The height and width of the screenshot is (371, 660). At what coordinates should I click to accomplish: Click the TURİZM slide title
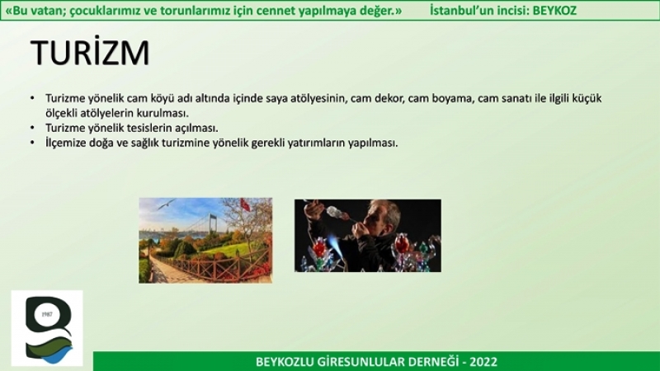click(90, 52)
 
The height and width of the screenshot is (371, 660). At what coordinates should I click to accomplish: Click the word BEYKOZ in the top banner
click(554, 10)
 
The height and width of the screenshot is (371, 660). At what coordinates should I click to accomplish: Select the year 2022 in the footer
click(483, 362)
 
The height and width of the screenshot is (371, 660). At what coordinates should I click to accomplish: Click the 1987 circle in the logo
click(47, 314)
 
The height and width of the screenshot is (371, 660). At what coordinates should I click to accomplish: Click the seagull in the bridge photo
click(166, 204)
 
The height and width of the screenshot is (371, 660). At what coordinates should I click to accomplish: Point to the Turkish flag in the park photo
click(245, 204)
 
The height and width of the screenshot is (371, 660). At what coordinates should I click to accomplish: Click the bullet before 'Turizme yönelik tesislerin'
click(32, 128)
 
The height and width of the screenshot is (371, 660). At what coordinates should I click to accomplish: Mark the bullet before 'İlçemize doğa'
click(32, 142)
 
